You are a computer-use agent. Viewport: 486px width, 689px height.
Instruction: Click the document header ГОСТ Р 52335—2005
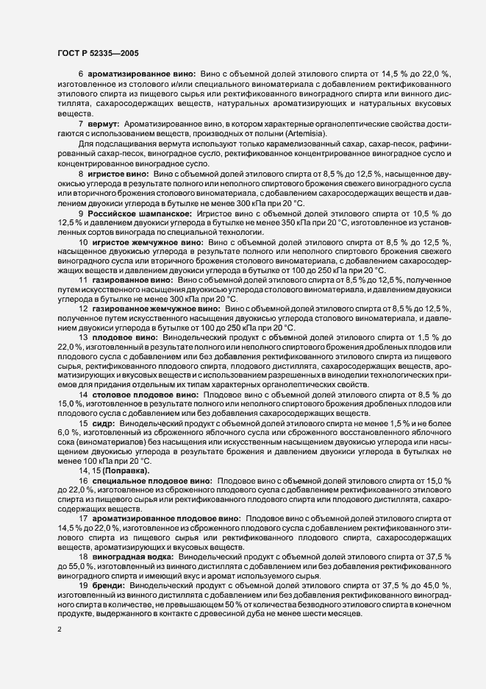(x=96, y=52)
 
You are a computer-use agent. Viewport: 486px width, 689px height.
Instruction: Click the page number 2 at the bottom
(x=60, y=631)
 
